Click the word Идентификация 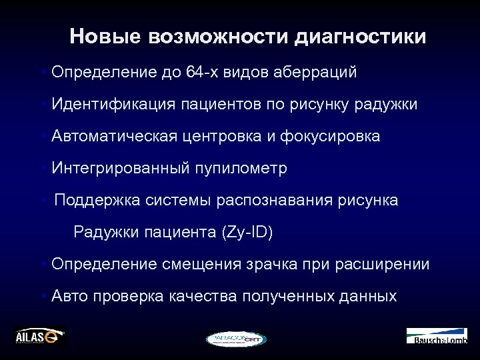[x=113, y=105]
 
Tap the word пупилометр [x=241, y=169]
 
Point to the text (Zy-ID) [x=245, y=233]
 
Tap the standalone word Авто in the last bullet [x=71, y=297]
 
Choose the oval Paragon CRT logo [x=236, y=339]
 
